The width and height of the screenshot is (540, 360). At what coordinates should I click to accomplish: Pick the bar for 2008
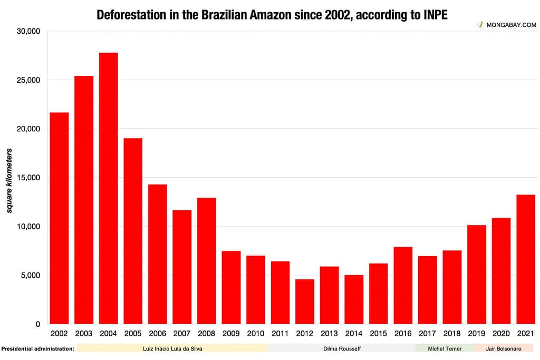tap(207, 261)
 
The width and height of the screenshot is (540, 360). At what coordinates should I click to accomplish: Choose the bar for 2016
tap(403, 285)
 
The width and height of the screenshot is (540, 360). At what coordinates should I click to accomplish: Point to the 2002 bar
tap(59, 218)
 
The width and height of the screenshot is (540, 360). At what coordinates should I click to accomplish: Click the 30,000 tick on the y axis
tap(28, 31)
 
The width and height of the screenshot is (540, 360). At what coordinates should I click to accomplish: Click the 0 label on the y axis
tap(37, 324)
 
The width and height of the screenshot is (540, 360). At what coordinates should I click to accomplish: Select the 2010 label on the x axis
tap(256, 334)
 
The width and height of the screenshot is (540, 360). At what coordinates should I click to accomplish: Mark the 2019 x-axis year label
tap(477, 334)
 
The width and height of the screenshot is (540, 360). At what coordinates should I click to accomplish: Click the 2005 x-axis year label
tap(133, 334)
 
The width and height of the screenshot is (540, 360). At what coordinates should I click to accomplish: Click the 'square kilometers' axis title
tap(9, 180)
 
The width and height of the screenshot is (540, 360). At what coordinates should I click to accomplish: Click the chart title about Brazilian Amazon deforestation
tap(272, 15)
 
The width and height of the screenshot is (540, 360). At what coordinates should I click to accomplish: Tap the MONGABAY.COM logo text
tap(510, 25)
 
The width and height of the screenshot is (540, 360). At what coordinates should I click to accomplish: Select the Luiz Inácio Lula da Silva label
tap(172, 348)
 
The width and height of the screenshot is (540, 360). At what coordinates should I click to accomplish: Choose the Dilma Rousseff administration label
tap(342, 348)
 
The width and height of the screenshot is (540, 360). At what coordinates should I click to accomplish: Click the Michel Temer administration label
tap(444, 348)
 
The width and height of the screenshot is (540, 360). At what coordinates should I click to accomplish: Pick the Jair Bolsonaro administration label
tap(504, 348)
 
